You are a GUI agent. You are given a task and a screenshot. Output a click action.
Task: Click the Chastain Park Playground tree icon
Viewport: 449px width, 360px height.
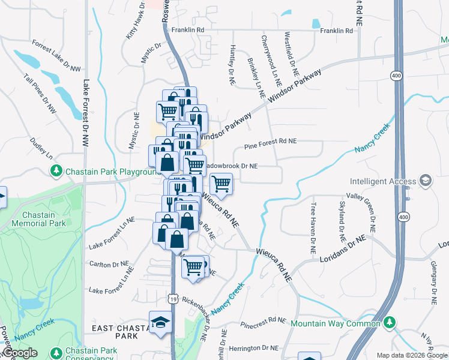(x=56, y=172)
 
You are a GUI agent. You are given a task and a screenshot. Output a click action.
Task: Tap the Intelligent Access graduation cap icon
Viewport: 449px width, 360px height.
(x=426, y=181)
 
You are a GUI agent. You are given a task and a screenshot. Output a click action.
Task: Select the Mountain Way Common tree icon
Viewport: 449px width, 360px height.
(x=390, y=323)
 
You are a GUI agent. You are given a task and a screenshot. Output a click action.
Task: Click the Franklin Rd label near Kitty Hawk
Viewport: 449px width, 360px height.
(x=188, y=29)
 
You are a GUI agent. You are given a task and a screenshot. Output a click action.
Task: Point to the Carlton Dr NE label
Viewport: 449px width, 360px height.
(x=109, y=264)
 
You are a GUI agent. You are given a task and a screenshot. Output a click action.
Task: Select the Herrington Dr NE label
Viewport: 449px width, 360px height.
(x=254, y=347)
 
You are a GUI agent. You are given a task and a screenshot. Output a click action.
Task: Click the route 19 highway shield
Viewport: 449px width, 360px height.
(x=173, y=298)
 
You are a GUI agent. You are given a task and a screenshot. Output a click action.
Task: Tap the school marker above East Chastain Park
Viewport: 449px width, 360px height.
(x=160, y=322)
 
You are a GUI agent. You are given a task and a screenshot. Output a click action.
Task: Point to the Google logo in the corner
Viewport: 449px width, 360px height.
(x=19, y=353)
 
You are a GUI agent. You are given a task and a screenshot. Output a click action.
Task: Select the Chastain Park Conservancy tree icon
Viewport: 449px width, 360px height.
(x=56, y=352)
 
